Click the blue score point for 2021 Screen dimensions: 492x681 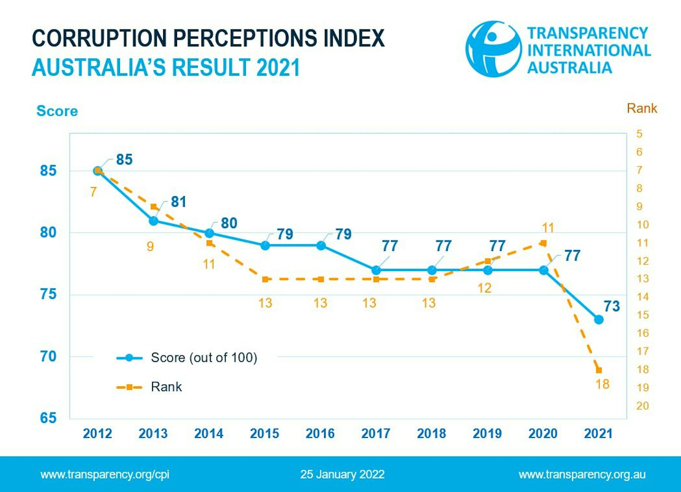599,320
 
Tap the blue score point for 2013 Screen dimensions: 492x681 154,221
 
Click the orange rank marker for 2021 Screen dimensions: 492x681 599,370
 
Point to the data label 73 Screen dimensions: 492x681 612,306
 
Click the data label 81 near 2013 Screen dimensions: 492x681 178,202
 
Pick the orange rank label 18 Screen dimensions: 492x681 602,384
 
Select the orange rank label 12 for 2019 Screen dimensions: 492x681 485,288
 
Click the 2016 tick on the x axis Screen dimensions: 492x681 320,433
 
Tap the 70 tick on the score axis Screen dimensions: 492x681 48,356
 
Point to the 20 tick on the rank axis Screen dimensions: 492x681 642,406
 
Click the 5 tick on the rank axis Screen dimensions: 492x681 639,134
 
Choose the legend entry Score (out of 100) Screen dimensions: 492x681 204,358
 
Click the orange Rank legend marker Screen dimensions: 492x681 129,387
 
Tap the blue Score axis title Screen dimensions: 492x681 57,111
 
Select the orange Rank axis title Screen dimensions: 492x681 642,108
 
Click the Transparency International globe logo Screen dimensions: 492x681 493,49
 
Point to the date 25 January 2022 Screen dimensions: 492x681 342,474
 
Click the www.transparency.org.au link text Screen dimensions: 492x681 582,474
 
